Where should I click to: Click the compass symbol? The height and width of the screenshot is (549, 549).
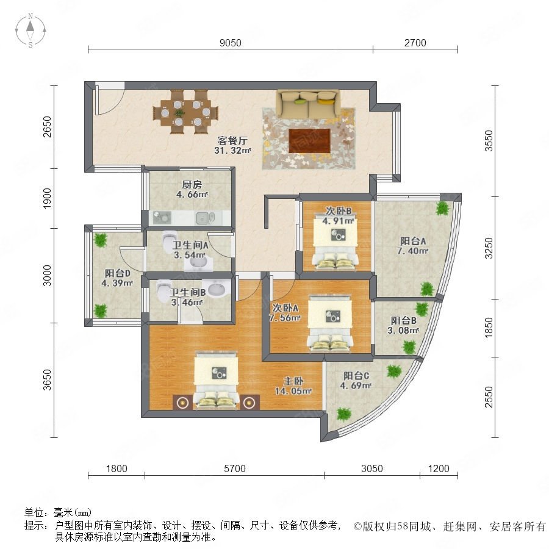point(30,30)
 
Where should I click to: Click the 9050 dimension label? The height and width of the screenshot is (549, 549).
point(231,43)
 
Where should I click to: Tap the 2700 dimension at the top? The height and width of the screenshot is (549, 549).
point(415,43)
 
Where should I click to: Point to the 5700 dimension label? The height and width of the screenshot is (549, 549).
point(235,468)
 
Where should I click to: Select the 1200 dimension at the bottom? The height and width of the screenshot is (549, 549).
point(439,468)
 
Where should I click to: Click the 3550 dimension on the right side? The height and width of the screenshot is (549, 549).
point(489,141)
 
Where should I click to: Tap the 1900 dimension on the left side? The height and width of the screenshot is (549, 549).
point(47,198)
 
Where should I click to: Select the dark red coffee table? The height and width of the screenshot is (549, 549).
point(309,141)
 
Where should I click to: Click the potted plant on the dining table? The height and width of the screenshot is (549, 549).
point(179,113)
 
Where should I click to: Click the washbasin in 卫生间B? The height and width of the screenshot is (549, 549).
point(217,290)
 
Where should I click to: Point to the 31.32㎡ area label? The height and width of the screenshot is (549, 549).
point(233,151)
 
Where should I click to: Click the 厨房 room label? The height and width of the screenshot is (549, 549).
point(192,184)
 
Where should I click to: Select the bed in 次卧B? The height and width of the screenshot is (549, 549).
point(335,242)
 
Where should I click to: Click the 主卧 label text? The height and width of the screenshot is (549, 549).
point(293,381)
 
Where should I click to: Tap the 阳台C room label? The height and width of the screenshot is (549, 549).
point(356,376)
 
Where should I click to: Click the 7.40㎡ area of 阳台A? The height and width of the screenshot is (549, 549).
point(413,251)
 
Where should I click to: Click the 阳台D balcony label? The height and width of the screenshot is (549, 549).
point(117,273)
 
